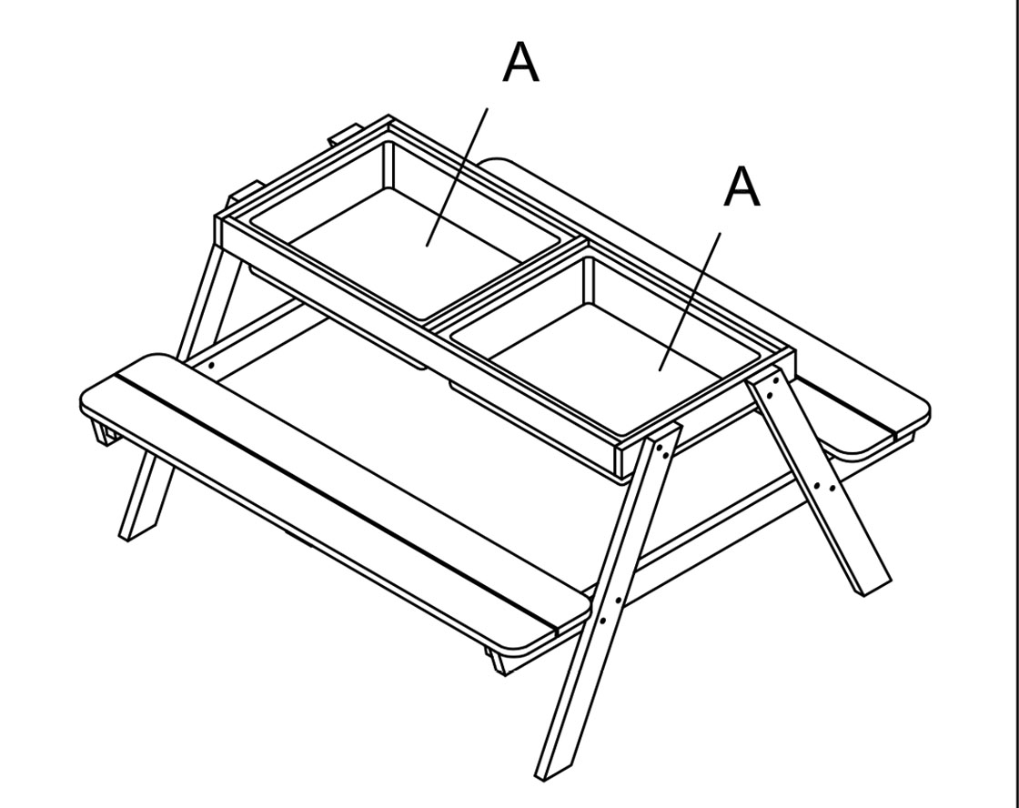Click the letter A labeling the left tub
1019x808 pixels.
[520, 63]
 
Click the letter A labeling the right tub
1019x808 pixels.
[742, 187]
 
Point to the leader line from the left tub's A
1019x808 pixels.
[457, 177]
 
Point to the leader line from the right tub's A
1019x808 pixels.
[690, 301]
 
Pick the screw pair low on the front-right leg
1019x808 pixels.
[610, 611]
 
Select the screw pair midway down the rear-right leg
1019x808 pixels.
[824, 486]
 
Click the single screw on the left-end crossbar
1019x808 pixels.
[212, 367]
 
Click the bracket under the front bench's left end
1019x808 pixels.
[103, 433]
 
